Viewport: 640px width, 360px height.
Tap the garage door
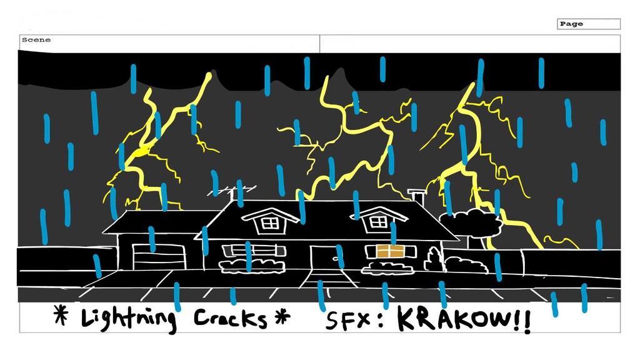click(x=159, y=257)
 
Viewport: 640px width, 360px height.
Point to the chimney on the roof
click(x=416, y=196)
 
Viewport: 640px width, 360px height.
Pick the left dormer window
click(x=270, y=222)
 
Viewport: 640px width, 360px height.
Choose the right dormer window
click(x=379, y=221)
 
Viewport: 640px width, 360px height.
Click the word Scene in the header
click(x=36, y=40)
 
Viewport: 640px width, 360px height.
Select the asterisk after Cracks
click(x=282, y=317)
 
